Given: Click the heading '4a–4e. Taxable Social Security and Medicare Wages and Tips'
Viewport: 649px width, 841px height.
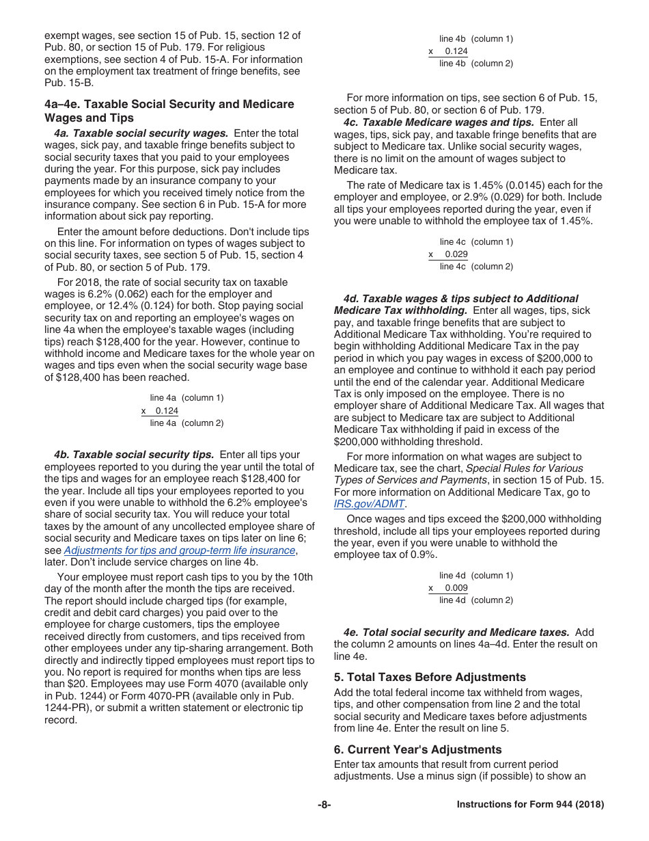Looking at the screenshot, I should pos(169,111).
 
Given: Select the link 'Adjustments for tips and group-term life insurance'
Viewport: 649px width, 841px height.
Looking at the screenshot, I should pos(180,550).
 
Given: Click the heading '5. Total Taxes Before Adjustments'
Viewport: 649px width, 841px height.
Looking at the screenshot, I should pos(430,677).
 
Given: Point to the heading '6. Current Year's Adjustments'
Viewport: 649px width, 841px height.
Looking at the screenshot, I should pos(417,749).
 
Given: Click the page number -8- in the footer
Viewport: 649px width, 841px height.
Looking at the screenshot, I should pos(324,805).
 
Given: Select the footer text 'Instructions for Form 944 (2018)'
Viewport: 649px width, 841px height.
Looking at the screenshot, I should pos(530,805).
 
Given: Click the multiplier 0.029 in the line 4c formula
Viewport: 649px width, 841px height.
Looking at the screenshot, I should pos(456,254).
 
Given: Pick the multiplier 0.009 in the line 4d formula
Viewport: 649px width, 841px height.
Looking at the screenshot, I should pos(456,588).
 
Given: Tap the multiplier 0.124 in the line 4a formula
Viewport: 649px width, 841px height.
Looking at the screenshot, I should pos(166,411).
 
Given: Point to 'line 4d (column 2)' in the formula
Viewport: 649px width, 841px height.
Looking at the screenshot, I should pos(475,600).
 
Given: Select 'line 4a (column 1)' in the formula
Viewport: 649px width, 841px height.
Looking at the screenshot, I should pos(187,398).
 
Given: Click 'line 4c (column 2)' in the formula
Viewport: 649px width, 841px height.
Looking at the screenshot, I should pos(475,267).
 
